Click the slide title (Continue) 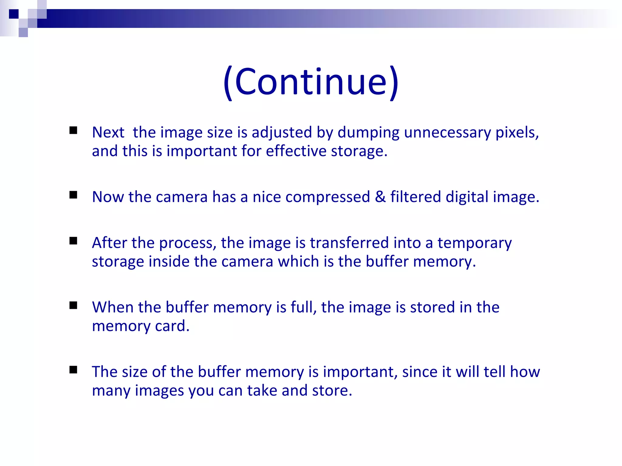click(x=311, y=82)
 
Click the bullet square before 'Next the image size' click(x=73, y=130)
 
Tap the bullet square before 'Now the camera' click(x=73, y=195)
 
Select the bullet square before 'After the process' click(x=73, y=241)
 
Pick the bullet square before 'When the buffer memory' click(x=73, y=305)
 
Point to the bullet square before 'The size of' click(x=73, y=370)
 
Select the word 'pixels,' click(x=517, y=133)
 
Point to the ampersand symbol click(x=380, y=197)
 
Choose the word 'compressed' click(x=328, y=197)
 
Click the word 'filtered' click(x=415, y=197)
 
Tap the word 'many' click(x=111, y=391)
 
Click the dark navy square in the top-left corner click(x=14, y=14)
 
